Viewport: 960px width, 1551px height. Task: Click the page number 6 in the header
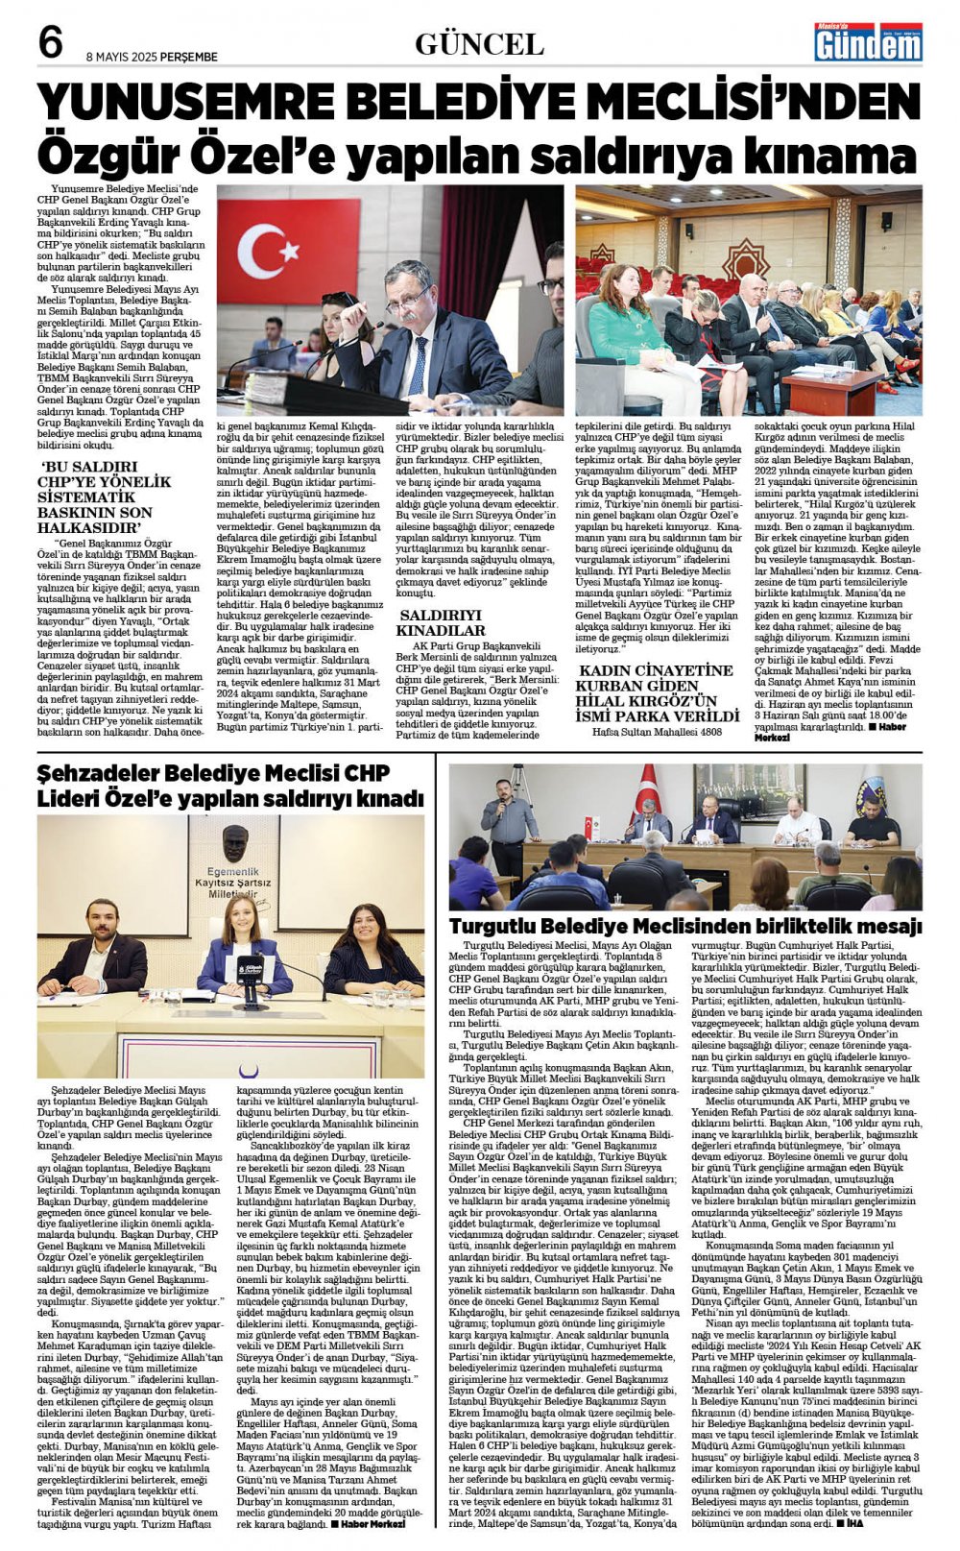click(x=50, y=42)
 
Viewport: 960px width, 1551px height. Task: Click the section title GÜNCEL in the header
click(x=479, y=43)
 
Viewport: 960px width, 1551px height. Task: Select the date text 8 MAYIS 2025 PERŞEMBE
click(x=152, y=57)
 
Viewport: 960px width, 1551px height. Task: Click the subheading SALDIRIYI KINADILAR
click(x=443, y=622)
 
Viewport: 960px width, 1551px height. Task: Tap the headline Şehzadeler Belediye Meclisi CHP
click(x=230, y=786)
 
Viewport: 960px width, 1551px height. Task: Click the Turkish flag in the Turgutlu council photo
click(x=649, y=787)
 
